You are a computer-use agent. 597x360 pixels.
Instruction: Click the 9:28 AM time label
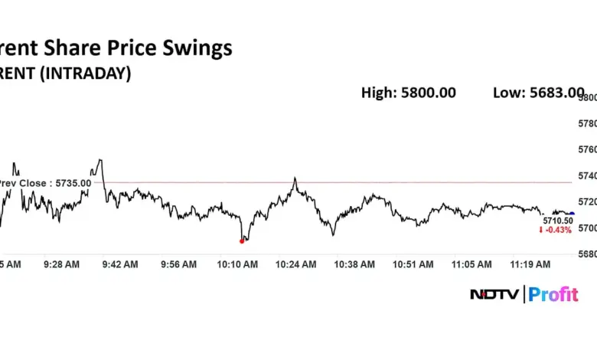click(x=61, y=264)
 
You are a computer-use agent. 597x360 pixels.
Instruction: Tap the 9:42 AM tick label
click(x=120, y=264)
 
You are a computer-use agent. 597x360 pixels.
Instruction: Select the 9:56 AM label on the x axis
click(x=178, y=264)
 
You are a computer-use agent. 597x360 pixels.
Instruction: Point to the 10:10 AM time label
click(x=237, y=264)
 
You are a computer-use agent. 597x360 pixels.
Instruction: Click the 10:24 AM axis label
click(x=296, y=264)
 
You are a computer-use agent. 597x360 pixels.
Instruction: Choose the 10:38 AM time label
click(x=355, y=264)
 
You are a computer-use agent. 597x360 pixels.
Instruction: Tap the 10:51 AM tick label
click(x=413, y=264)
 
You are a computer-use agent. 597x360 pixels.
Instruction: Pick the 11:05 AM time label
click(x=472, y=264)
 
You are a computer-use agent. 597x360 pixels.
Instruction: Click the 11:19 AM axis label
click(x=531, y=264)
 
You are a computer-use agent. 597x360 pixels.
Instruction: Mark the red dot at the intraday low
click(x=242, y=241)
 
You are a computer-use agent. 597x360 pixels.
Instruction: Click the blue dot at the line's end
click(x=572, y=213)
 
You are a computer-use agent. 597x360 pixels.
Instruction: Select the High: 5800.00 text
click(x=408, y=93)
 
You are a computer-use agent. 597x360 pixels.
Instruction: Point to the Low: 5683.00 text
click(x=538, y=93)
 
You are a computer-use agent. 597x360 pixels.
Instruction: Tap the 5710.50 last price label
click(x=556, y=221)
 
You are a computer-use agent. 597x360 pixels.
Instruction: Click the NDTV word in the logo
click(x=493, y=294)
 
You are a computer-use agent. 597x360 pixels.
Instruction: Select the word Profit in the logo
click(x=553, y=294)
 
